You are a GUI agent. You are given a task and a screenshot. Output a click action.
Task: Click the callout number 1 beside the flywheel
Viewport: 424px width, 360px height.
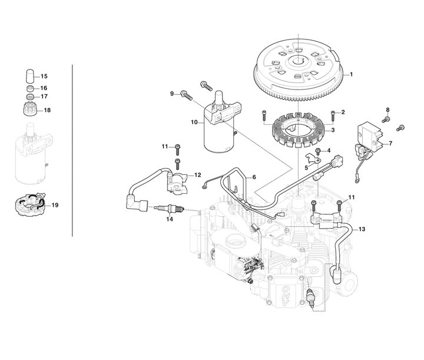[351, 74]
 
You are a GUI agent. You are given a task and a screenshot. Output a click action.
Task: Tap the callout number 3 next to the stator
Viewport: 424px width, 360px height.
[333, 130]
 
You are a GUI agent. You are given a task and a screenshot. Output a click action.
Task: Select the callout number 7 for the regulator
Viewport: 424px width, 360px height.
[390, 144]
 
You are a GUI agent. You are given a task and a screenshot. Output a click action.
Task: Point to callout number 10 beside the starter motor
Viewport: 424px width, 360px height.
[194, 122]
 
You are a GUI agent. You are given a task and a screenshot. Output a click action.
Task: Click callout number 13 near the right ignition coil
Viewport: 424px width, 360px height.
[362, 229]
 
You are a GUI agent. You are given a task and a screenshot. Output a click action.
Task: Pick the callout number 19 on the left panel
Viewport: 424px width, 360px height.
[55, 205]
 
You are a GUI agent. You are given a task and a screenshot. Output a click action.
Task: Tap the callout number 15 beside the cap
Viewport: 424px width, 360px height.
[44, 77]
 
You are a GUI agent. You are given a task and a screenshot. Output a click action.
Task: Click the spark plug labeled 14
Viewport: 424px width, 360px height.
[169, 209]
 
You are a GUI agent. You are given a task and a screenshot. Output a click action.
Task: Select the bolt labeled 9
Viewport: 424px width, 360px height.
[186, 95]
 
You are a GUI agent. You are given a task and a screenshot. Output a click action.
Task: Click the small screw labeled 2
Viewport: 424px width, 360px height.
[334, 115]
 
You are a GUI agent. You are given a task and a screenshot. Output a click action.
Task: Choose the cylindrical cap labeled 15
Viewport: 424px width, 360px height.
[30, 76]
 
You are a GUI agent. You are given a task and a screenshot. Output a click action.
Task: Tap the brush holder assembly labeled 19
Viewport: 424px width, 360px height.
[30, 205]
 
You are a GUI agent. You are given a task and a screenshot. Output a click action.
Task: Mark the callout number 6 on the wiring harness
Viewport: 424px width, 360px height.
[254, 177]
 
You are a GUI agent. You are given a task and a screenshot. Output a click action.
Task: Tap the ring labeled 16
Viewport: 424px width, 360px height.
[30, 88]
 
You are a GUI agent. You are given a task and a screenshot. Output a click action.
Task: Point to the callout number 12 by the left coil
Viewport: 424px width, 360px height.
[198, 175]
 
